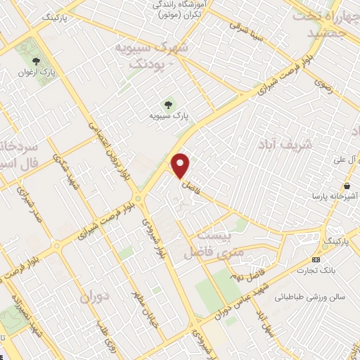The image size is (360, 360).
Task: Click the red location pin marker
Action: (181, 165)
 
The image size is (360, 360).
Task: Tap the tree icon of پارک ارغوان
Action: (26, 61)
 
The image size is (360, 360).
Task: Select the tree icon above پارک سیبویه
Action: (167, 103)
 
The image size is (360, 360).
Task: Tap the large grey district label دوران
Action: (96, 295)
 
